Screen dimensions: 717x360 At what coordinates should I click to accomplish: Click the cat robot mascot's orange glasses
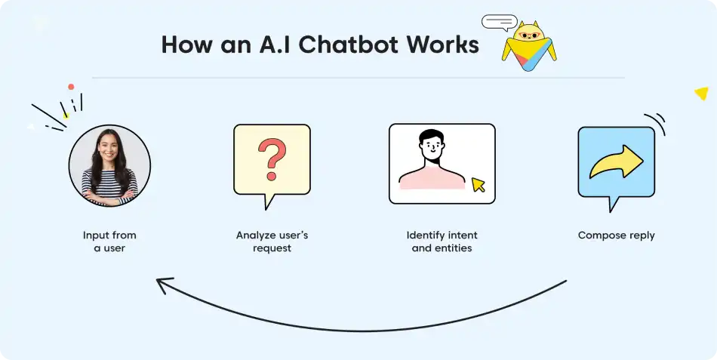click(x=530, y=35)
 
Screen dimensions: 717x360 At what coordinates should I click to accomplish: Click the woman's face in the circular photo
click(x=108, y=146)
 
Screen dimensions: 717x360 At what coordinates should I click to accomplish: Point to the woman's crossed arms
click(x=109, y=195)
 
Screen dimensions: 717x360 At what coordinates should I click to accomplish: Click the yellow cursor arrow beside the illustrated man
click(x=479, y=184)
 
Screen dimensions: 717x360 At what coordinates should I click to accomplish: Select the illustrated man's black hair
click(x=431, y=137)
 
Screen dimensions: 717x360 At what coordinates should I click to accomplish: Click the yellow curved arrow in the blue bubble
click(x=616, y=162)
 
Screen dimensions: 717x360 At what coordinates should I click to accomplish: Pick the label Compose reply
click(x=616, y=235)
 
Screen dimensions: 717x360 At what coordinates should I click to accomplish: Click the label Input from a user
click(x=109, y=242)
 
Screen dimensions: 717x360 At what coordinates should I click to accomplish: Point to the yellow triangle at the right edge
click(x=701, y=94)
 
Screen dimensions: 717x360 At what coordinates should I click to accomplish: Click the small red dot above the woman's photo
click(x=71, y=87)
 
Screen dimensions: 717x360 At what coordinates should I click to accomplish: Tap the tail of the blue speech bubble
click(x=611, y=204)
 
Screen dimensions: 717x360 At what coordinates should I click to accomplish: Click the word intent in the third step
click(x=463, y=235)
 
